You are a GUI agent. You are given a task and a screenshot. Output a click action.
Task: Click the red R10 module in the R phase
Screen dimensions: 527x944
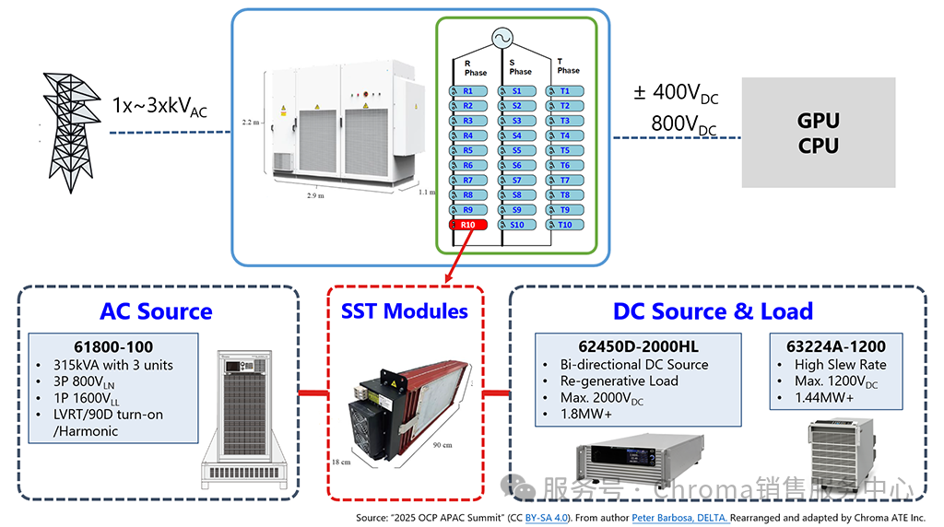(x=467, y=225)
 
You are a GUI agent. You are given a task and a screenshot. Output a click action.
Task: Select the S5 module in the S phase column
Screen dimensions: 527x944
(x=515, y=150)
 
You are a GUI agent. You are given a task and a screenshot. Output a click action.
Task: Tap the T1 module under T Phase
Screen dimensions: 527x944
(x=563, y=91)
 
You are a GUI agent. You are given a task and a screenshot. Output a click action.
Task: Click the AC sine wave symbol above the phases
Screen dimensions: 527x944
(x=501, y=39)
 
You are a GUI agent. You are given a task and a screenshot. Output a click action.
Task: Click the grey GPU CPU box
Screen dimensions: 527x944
(x=818, y=133)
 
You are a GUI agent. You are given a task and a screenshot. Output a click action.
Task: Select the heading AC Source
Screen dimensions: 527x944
(x=157, y=311)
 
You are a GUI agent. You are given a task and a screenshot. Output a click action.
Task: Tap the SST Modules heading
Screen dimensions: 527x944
(x=406, y=311)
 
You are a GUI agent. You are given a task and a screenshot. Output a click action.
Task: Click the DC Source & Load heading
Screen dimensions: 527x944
(x=713, y=311)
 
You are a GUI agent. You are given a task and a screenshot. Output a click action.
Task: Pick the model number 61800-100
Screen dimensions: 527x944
(x=113, y=346)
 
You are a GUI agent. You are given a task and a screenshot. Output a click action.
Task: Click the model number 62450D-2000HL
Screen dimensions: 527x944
(x=639, y=346)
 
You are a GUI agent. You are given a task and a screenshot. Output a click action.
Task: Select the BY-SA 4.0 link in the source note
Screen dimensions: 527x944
(x=548, y=518)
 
